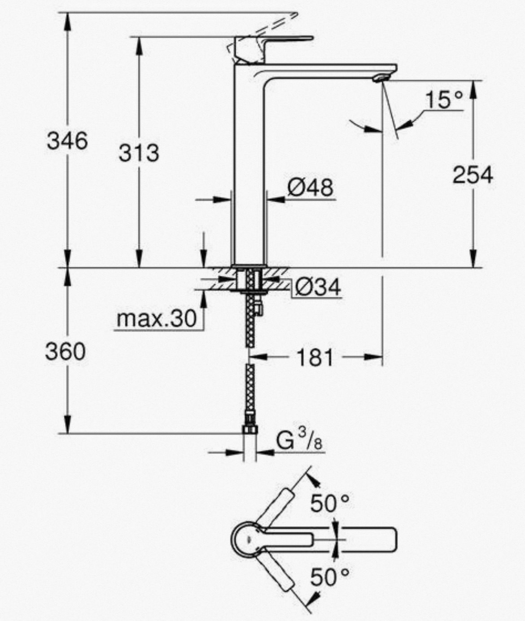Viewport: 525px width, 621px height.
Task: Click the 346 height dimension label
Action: pyautogui.click(x=67, y=141)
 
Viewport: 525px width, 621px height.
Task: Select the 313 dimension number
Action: pyautogui.click(x=139, y=153)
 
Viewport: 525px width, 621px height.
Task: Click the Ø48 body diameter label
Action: pyautogui.click(x=310, y=187)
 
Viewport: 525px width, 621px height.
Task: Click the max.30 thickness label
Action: pyautogui.click(x=157, y=319)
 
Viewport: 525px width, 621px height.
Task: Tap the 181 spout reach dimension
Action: pyautogui.click(x=315, y=358)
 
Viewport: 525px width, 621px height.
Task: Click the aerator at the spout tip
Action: pyautogui.click(x=380, y=78)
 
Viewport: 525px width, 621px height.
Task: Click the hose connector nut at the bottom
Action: pyautogui.click(x=250, y=429)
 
